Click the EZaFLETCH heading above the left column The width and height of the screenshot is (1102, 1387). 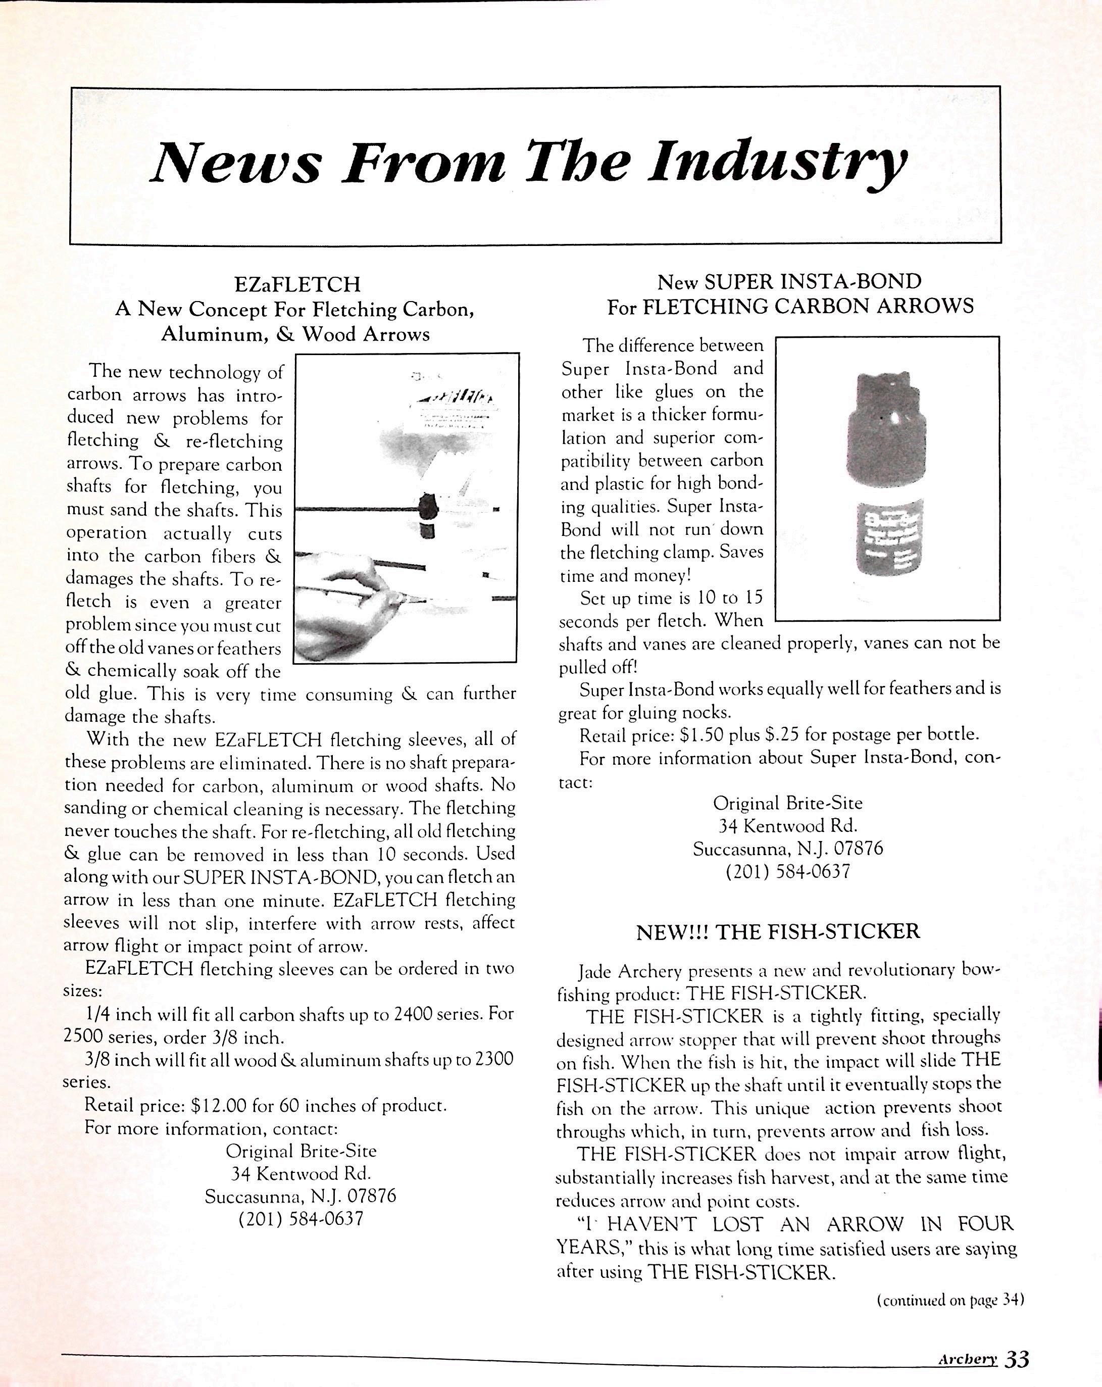(x=297, y=284)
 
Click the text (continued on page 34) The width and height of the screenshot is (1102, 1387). (x=950, y=1300)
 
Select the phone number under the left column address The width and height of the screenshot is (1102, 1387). (x=300, y=1218)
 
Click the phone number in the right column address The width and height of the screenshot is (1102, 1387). (x=787, y=872)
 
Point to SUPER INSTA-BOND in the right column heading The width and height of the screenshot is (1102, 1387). (x=813, y=281)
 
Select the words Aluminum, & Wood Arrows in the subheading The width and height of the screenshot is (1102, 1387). (x=295, y=334)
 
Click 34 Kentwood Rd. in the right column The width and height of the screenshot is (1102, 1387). (x=787, y=825)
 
